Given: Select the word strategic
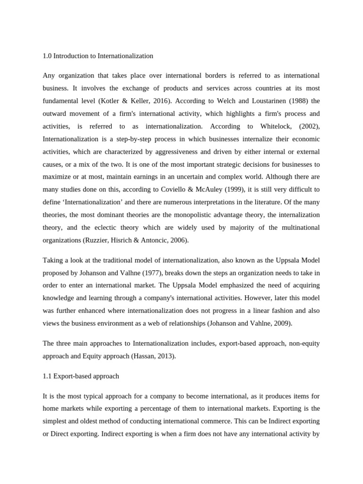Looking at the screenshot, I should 215,164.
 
